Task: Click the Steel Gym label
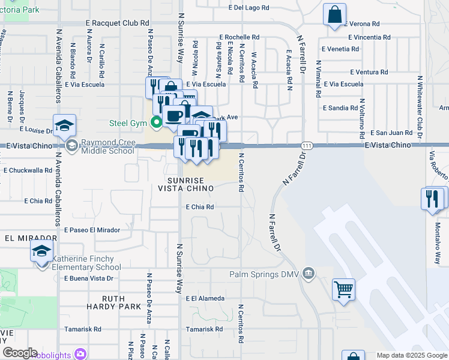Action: pyautogui.click(x=128, y=124)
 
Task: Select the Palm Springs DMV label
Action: pyautogui.click(x=264, y=275)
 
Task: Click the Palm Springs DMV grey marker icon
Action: pyautogui.click(x=309, y=274)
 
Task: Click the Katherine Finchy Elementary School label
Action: pyautogui.click(x=86, y=263)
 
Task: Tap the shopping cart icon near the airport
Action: pyautogui.click(x=343, y=290)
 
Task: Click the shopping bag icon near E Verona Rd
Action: pyautogui.click(x=334, y=14)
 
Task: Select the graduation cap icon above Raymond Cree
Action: pyautogui.click(x=64, y=125)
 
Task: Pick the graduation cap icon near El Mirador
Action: pyautogui.click(x=41, y=253)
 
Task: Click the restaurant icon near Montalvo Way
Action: pyautogui.click(x=432, y=198)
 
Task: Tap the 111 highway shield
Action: pyautogui.click(x=307, y=146)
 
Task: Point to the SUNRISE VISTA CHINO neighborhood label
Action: pyautogui.click(x=185, y=184)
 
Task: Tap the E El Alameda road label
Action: pyautogui.click(x=205, y=298)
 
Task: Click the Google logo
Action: pyautogui.click(x=20, y=353)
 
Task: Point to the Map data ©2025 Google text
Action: pyautogui.click(x=411, y=355)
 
